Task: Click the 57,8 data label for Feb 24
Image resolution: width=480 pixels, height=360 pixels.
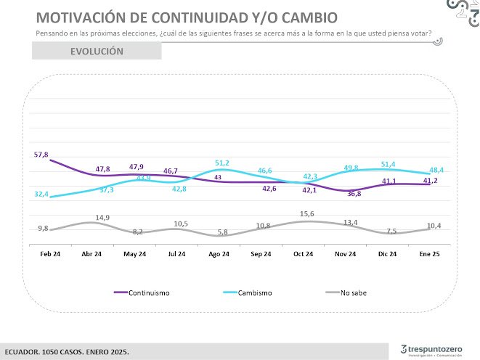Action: pyautogui.click(x=41, y=155)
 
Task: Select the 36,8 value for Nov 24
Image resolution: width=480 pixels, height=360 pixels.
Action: pyautogui.click(x=354, y=194)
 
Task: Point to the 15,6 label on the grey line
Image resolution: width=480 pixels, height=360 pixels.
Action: pyautogui.click(x=306, y=213)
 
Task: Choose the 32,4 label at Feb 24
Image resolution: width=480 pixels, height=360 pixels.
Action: pyautogui.click(x=41, y=195)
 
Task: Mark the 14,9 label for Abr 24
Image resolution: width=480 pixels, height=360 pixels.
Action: pyautogui.click(x=102, y=217)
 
